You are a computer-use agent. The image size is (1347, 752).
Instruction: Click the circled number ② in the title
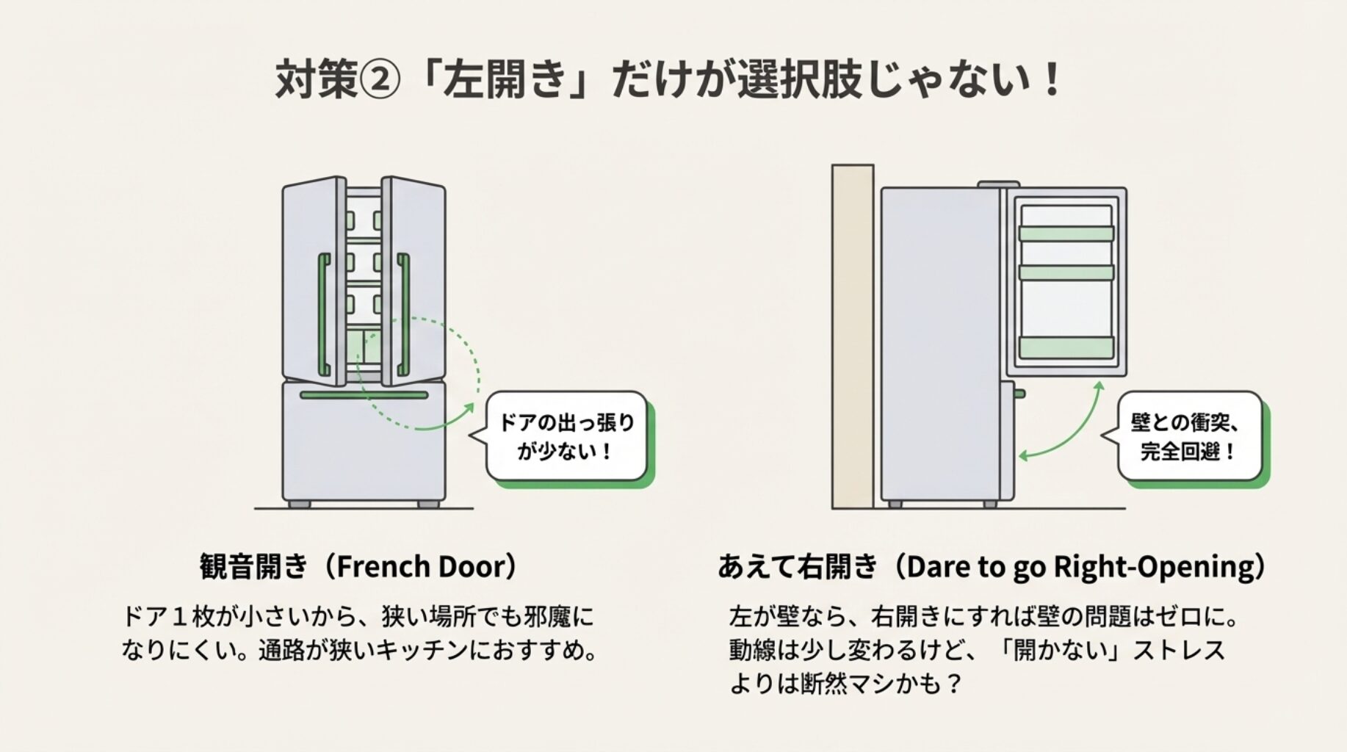[x=379, y=79]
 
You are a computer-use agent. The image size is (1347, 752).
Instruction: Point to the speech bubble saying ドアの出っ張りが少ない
[x=566, y=437]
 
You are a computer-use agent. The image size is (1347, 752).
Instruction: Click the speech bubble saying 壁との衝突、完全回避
[x=1189, y=437]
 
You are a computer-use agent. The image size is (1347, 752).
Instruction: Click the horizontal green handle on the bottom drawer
[x=364, y=395]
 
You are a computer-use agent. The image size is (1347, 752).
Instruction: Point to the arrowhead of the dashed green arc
[x=470, y=406]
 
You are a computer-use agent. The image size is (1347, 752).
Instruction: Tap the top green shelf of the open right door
[x=1066, y=234]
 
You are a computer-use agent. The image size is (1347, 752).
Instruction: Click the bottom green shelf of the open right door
[x=1066, y=347]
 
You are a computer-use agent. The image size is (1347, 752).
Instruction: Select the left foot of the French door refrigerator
[x=299, y=505]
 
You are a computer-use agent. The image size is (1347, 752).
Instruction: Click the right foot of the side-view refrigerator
[x=990, y=505]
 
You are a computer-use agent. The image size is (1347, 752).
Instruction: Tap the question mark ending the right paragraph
[x=953, y=684]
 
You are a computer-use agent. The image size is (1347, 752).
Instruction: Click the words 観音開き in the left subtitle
[x=253, y=567]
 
